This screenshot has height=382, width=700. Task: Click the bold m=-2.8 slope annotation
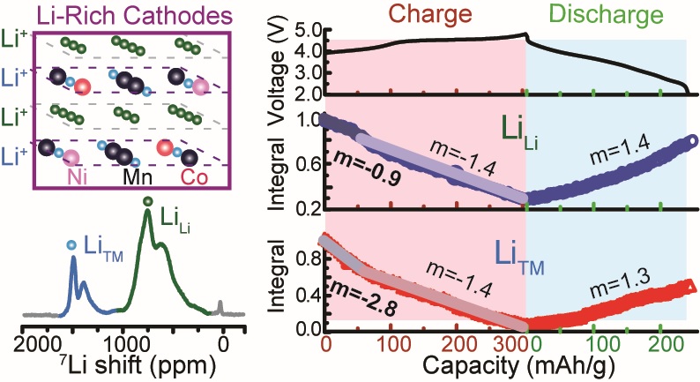tap(356, 312)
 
